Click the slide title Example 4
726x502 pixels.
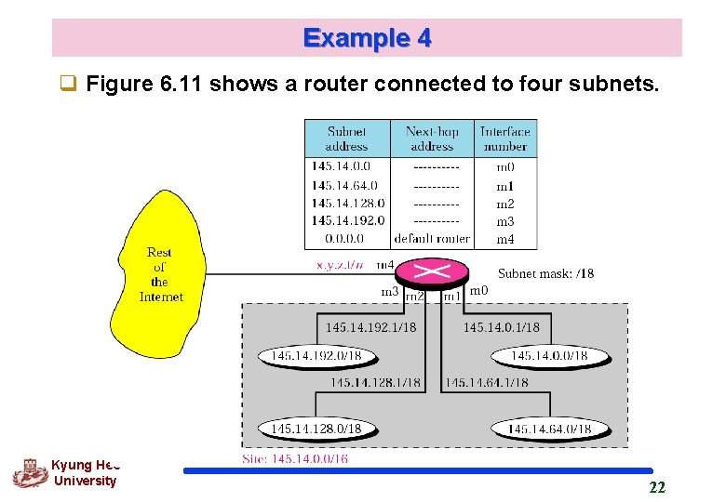click(367, 38)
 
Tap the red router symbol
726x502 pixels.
click(432, 271)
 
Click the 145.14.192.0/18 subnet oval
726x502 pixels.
click(316, 356)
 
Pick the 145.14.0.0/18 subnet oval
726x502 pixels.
click(550, 356)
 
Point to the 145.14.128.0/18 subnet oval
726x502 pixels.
click(316, 429)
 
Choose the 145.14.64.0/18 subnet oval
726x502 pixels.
click(549, 429)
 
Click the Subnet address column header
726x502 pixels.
click(346, 139)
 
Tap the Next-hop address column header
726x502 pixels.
click(432, 139)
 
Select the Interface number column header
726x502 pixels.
click(505, 139)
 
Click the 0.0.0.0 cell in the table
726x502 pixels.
click(338, 239)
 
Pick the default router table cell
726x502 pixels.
click(432, 239)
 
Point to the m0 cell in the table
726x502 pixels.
click(504, 167)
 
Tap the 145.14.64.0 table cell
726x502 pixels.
click(344, 185)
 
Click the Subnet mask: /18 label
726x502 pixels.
click(545, 273)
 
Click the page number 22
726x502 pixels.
click(657, 488)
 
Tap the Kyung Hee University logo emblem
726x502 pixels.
click(30, 474)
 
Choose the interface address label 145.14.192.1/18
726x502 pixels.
click(370, 327)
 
